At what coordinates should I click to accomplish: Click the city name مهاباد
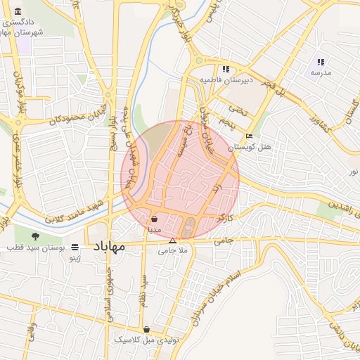point(108,248)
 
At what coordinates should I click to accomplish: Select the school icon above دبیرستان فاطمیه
point(226,69)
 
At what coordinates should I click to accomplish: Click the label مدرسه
point(321,72)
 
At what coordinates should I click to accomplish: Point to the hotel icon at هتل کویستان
point(249,136)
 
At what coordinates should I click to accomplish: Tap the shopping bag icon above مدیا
point(154,219)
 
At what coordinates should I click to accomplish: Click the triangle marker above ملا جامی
point(172,240)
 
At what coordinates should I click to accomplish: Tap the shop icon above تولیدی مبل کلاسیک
point(146,329)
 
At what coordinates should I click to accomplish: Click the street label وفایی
point(31,331)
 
